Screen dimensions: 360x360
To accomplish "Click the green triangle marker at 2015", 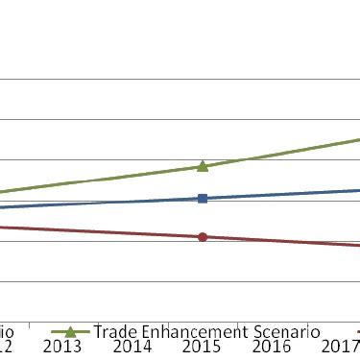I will point(203,166).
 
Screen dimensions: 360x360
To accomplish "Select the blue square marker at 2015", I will point(203,198).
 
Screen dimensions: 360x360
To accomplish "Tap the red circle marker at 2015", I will point(203,236).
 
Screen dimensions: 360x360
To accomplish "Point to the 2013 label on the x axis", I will point(62,347).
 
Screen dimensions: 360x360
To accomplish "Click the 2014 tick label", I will point(132,347).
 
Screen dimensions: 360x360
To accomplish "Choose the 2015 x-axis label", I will point(202,347).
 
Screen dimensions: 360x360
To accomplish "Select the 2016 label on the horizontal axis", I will point(272,347).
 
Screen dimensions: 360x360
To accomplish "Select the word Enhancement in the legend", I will point(197,331).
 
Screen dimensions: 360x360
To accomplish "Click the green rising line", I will point(278,154).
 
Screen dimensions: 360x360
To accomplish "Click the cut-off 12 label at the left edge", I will point(6,347).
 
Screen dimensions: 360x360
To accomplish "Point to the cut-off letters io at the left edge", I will point(6,331).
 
